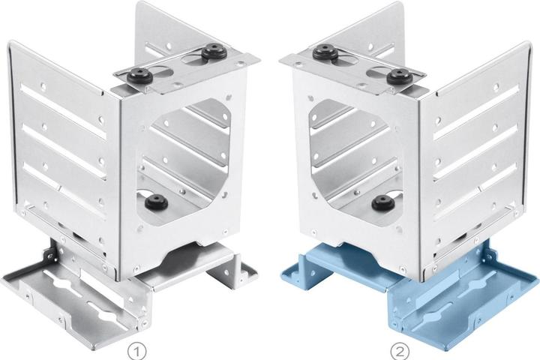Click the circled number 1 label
137,352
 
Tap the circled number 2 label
400,352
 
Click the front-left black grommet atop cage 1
139,76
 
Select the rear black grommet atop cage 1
214,51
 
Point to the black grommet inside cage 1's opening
156,202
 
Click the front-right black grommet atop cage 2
400,76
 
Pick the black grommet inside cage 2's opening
384,202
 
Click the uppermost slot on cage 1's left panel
62,110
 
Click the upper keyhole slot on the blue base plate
477,284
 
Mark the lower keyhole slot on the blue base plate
437,309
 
